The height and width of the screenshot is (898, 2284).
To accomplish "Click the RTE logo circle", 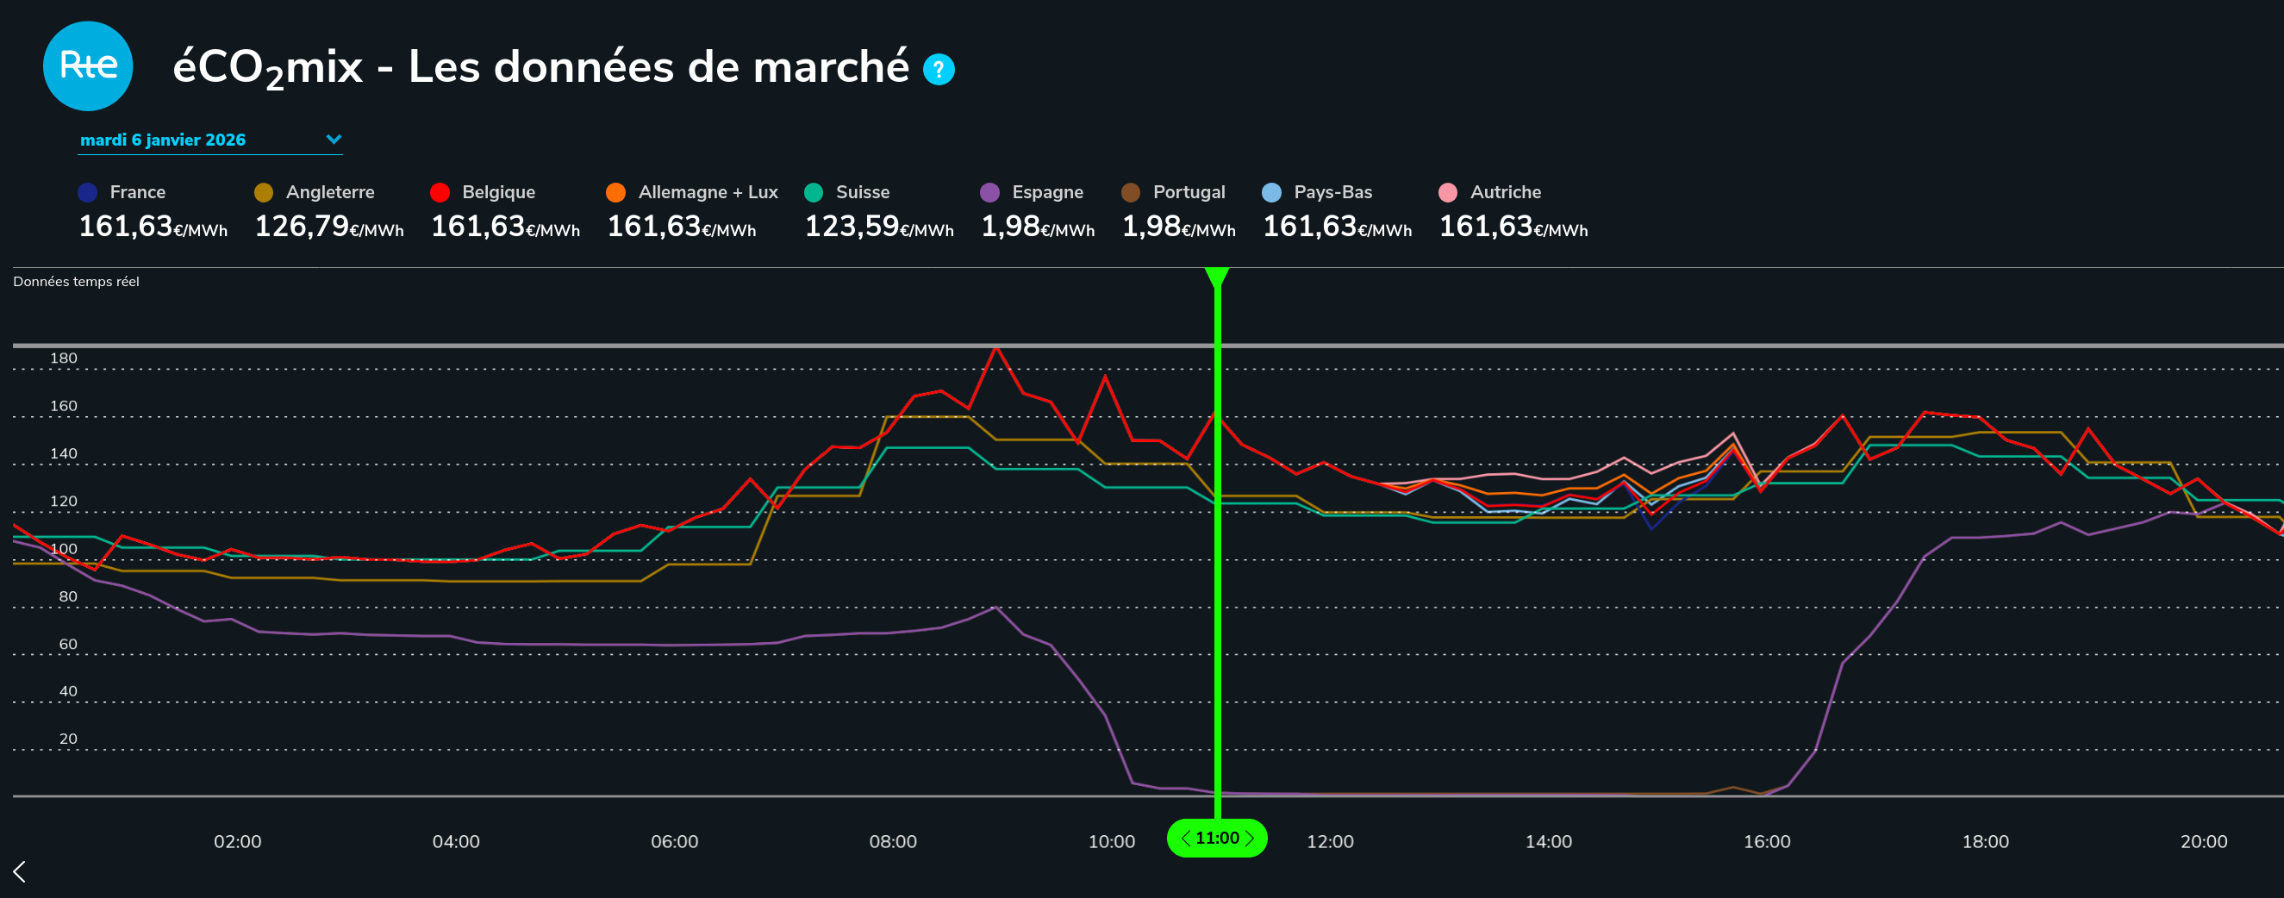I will [88, 66].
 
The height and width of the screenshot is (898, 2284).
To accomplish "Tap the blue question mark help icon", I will [938, 69].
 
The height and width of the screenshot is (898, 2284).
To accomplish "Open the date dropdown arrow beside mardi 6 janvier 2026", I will [334, 139].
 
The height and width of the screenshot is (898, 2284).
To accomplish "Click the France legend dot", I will [88, 192].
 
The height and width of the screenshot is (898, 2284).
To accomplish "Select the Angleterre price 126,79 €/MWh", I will [328, 227].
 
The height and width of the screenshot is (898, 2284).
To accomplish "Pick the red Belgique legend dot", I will [440, 192].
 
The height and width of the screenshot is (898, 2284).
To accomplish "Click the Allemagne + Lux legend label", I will [708, 192].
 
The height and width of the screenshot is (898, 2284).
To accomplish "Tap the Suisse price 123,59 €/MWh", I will [877, 227].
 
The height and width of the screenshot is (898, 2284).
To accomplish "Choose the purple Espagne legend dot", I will [989, 192].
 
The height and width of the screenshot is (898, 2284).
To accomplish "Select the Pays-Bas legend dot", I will [1271, 192].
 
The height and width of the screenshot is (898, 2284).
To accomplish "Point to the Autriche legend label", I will [1505, 192].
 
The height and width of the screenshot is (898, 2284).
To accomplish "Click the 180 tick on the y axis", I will [64, 359].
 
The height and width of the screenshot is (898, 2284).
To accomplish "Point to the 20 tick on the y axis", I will [68, 739].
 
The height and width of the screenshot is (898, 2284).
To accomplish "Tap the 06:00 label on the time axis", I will [674, 841].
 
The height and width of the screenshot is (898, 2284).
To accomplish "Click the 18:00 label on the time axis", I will [1984, 841].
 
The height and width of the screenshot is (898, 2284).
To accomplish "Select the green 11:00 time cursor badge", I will [1216, 838].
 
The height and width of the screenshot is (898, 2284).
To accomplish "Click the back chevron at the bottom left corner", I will [20, 871].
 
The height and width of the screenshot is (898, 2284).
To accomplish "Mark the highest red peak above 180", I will [996, 348].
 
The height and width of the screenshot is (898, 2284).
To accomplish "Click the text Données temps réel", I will [76, 282].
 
